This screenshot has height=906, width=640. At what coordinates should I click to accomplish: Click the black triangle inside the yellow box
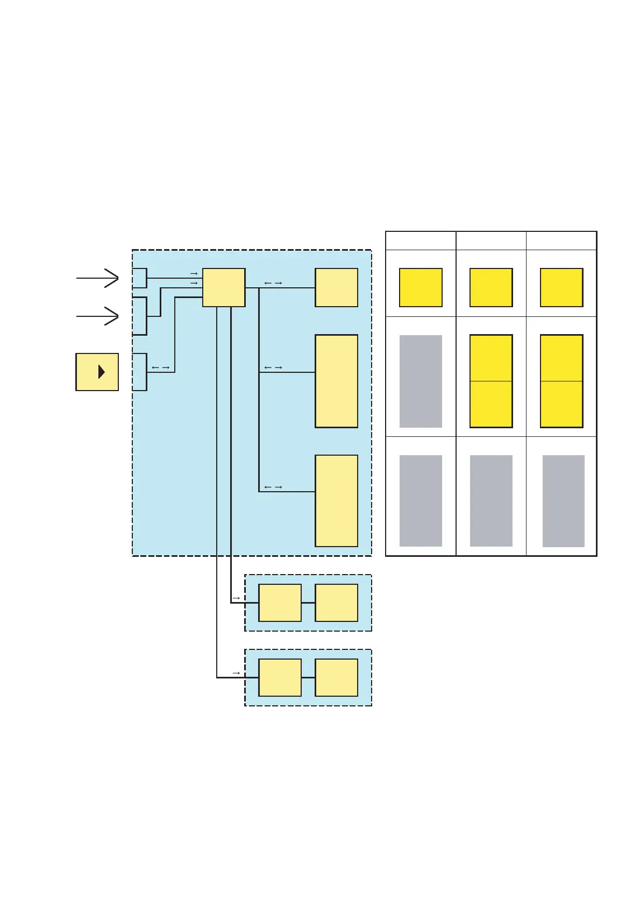click(x=101, y=372)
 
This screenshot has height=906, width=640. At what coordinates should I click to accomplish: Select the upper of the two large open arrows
click(x=98, y=278)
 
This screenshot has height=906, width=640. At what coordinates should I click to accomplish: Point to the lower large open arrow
click(x=98, y=316)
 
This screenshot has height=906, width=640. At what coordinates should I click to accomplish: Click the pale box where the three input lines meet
click(x=224, y=287)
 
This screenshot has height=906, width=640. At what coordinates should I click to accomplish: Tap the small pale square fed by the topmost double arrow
click(x=336, y=287)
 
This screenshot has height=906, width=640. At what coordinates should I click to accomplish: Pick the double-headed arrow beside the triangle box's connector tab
click(x=160, y=368)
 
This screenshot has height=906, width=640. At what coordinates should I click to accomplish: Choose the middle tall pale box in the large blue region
click(x=336, y=381)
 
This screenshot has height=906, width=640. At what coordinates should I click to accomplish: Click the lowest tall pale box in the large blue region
click(x=336, y=500)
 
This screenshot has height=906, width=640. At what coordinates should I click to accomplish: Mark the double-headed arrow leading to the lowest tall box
click(x=273, y=487)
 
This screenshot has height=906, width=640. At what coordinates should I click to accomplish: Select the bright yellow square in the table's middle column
click(x=490, y=287)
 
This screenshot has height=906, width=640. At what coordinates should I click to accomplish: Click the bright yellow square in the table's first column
click(x=421, y=287)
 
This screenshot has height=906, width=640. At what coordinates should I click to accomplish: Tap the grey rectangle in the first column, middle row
click(x=421, y=381)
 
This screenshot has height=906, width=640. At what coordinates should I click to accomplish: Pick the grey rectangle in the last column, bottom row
click(x=563, y=500)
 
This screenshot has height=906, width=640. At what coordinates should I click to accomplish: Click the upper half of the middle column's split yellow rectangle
click(x=490, y=358)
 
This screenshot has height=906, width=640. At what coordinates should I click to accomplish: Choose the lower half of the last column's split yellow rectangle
click(x=561, y=404)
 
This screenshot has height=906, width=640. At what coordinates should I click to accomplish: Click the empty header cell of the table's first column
click(x=421, y=240)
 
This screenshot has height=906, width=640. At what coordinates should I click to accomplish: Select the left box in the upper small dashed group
click(x=280, y=603)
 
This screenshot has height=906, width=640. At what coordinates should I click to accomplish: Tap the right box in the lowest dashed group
click(x=336, y=677)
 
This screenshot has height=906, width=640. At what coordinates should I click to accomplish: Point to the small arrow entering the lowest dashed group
click(x=236, y=673)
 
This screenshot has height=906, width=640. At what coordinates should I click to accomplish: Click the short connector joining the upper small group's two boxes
click(x=308, y=603)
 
